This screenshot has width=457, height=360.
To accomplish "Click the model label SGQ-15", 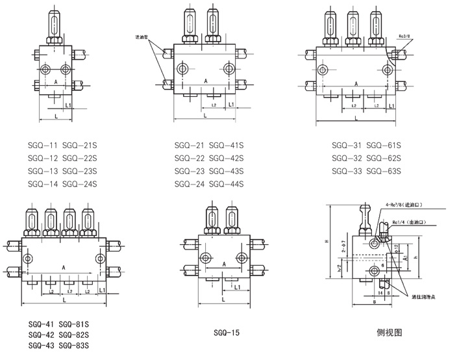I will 227,333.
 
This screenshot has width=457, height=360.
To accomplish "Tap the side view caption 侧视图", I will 389,333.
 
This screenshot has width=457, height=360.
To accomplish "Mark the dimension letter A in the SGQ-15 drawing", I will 223,264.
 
